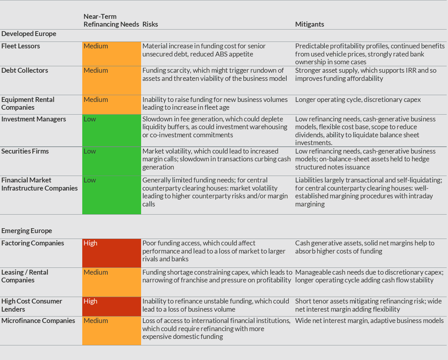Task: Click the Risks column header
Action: [x=150, y=24]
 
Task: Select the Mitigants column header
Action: [x=309, y=24]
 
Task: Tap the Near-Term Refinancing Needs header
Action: [x=111, y=21]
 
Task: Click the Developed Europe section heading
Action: [x=29, y=34]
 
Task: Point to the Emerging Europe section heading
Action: [x=27, y=231]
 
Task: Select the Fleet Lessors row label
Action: [x=21, y=46]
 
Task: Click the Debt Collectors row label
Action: [x=25, y=71]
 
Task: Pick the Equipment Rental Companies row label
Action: [x=28, y=103]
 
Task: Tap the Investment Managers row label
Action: [x=34, y=119]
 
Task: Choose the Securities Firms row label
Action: [x=25, y=151]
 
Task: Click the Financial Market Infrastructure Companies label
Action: [x=39, y=184]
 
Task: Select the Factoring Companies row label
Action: [x=32, y=243]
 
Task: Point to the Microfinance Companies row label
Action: [x=38, y=321]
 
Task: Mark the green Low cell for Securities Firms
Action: [x=111, y=161]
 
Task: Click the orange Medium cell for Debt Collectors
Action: [x=111, y=80]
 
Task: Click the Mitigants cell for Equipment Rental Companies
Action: [x=358, y=100]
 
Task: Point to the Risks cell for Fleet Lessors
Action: [x=204, y=50]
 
